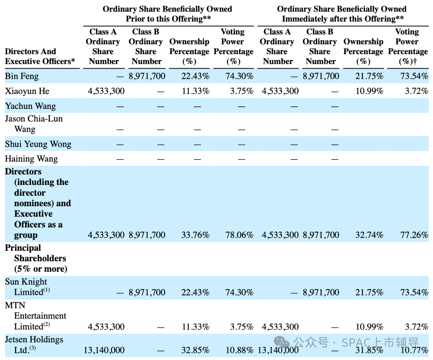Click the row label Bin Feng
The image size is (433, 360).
pos(22,76)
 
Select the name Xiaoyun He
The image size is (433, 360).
pos(27,91)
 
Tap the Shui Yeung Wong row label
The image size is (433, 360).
pos(38,144)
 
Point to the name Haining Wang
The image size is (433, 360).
pos(31,159)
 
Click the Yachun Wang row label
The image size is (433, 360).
pos(30,106)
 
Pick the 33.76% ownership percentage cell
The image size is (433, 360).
pos(195,235)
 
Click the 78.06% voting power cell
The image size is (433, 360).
pos(239,235)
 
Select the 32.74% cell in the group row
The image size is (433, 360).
pos(369,235)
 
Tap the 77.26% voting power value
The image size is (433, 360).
pos(414,235)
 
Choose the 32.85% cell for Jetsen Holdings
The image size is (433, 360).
pos(195,350)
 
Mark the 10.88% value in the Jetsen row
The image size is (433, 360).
pos(239,350)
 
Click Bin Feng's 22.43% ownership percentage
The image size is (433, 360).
pos(195,76)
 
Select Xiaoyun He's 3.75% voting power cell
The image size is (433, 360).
pos(242,91)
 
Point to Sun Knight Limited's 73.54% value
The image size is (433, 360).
pos(414,292)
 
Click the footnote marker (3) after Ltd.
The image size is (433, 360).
pos(32,348)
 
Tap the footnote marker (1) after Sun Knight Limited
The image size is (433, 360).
pos(46,290)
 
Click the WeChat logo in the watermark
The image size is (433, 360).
pos(282,342)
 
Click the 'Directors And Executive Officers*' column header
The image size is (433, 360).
pos(40,56)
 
